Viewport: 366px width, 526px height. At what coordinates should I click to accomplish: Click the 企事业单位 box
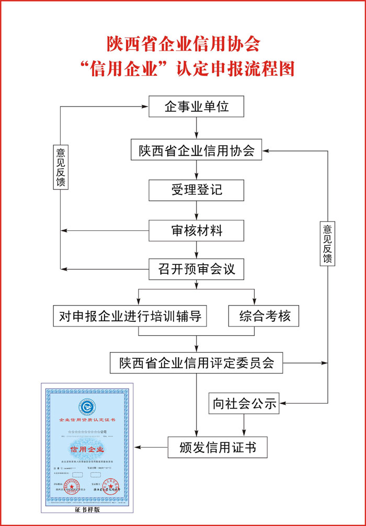197,107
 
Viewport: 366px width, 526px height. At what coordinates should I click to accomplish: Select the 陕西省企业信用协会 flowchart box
197,151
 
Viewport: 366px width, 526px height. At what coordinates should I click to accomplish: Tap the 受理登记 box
197,190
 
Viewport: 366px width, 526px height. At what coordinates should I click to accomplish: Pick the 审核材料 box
197,230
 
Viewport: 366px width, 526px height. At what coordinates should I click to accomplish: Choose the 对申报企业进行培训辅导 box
130,316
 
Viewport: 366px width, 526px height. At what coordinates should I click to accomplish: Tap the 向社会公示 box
244,402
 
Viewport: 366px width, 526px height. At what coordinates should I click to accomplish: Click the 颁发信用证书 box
218,448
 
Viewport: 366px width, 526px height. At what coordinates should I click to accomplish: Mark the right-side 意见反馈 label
328,243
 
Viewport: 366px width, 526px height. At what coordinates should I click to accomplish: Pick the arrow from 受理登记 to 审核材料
197,211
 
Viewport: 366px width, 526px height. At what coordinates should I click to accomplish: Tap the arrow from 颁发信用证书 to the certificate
152,448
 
